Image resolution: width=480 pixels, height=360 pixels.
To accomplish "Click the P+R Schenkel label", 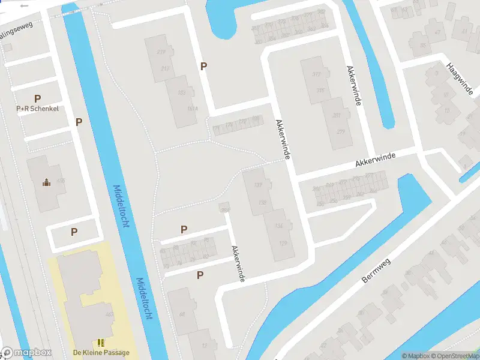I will pyautogui.click(x=37, y=109).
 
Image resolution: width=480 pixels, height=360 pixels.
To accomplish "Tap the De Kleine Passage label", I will pyautogui.click(x=101, y=352).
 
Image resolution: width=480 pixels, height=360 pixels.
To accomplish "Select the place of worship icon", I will pyautogui.click(x=46, y=182).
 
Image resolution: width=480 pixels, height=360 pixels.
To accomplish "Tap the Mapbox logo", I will pyautogui.click(x=26, y=352).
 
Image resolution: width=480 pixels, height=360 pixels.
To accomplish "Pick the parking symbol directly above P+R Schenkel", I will pyautogui.click(x=37, y=98).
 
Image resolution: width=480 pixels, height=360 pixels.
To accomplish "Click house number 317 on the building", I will pyautogui.click(x=317, y=74).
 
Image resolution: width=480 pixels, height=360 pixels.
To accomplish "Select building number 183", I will pyautogui.click(x=182, y=93).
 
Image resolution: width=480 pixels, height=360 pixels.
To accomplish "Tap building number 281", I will pyautogui.click(x=337, y=116).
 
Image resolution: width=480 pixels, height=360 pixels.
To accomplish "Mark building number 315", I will pyautogui.click(x=321, y=91).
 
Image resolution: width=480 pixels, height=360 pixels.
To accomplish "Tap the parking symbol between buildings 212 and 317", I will pyautogui.click(x=204, y=67).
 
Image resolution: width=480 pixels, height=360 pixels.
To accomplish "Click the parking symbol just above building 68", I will pyautogui.click(x=200, y=275).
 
